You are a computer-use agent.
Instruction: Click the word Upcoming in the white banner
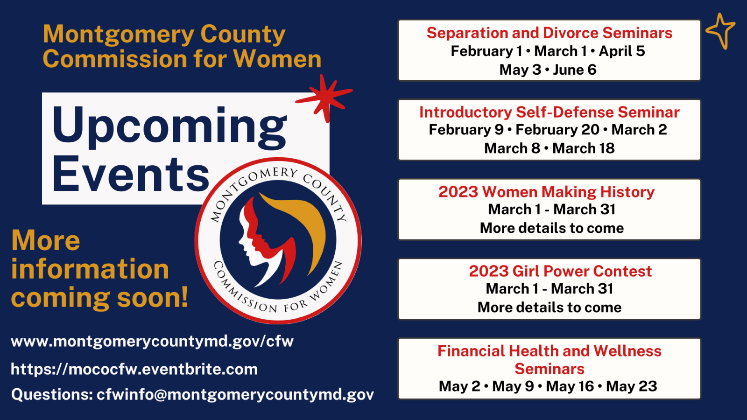(x=169, y=126)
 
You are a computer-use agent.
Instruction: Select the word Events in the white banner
(x=131, y=175)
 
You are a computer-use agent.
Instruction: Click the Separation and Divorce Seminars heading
(x=549, y=33)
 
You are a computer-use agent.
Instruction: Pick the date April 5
(x=621, y=51)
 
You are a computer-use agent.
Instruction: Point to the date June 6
(x=575, y=70)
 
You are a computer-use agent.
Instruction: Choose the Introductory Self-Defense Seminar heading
(x=549, y=112)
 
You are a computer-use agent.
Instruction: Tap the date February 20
(x=557, y=130)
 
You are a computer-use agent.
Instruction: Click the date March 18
(x=583, y=148)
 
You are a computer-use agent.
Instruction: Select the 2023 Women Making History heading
(x=546, y=192)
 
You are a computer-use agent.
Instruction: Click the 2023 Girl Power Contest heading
(x=560, y=271)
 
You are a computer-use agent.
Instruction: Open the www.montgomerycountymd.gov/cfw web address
(x=152, y=342)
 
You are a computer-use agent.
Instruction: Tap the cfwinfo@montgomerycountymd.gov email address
(x=235, y=395)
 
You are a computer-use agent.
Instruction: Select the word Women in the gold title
(x=277, y=59)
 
